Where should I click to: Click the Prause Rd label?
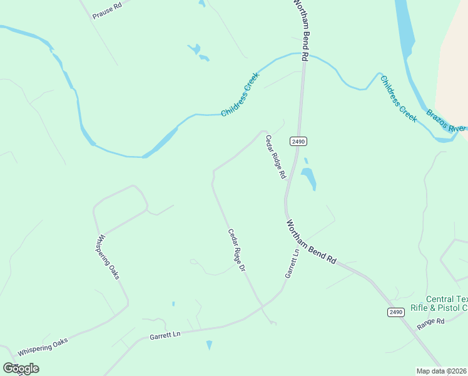point(106,9)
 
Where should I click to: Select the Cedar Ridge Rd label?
point(275,157)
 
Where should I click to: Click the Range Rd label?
point(430,322)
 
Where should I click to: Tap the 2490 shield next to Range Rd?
point(395,312)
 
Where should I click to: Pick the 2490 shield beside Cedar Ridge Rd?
point(298,142)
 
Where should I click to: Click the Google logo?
point(21,368)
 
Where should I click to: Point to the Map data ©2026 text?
point(442,371)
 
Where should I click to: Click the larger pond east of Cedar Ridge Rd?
point(308,179)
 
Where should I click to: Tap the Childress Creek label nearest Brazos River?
point(399,98)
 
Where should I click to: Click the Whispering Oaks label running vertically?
point(108,257)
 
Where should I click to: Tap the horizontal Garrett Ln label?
point(165,336)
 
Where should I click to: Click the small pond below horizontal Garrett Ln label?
point(209,345)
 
